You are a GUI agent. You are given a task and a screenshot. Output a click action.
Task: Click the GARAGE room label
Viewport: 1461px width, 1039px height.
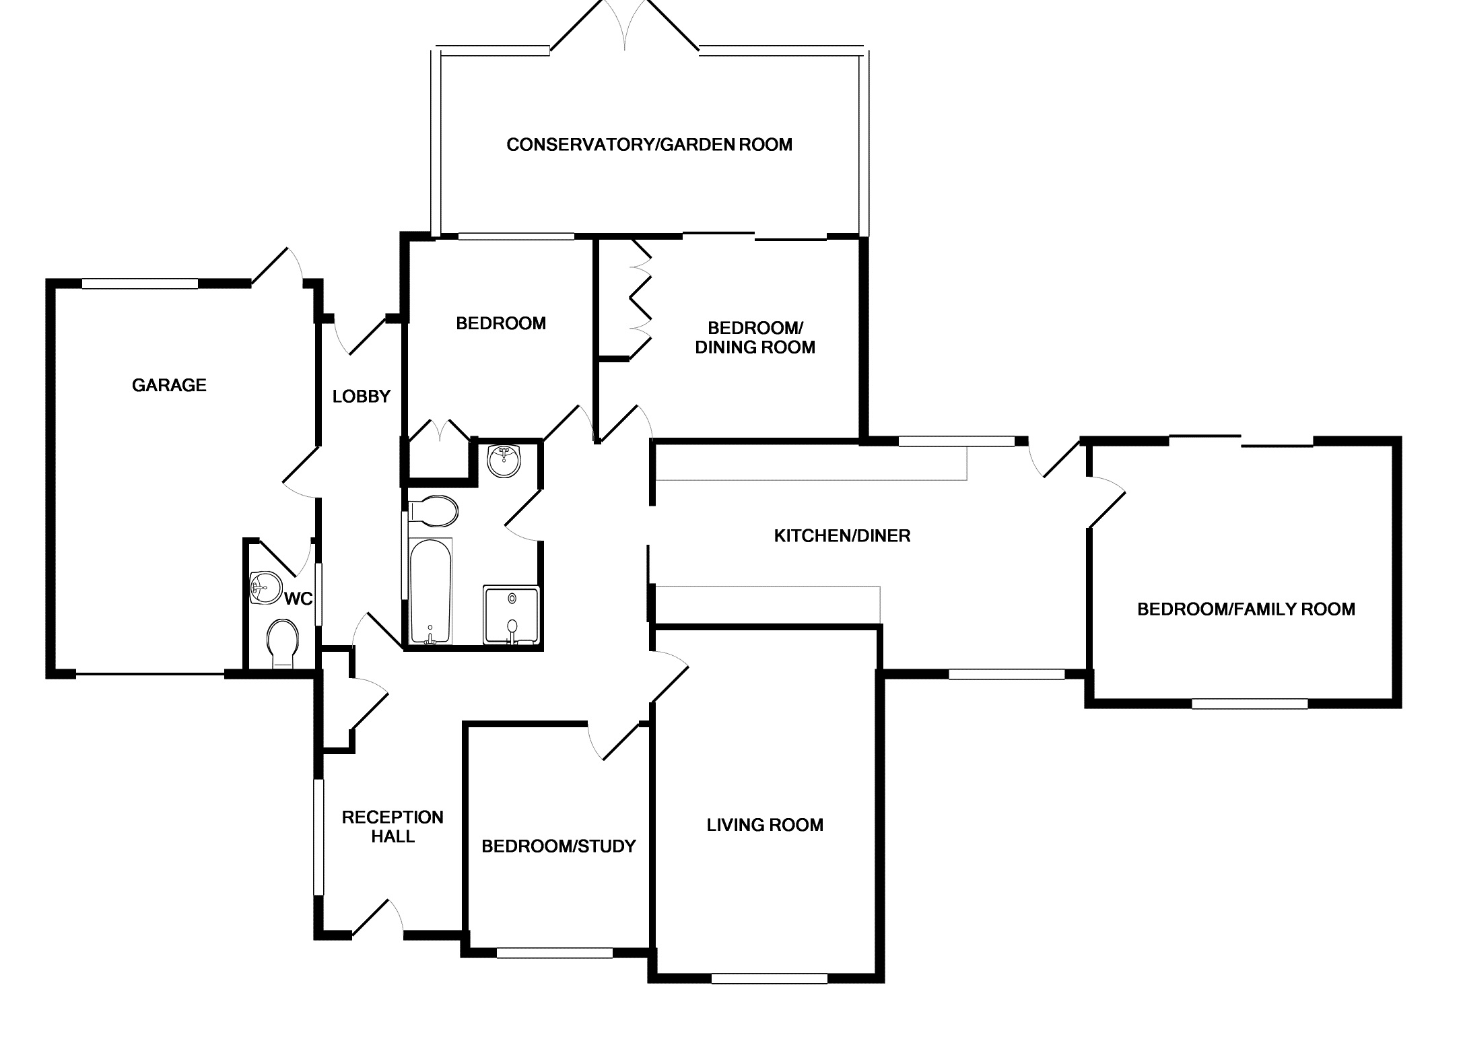point(169,385)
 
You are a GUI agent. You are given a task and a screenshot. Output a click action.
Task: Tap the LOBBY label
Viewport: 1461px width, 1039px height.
point(362,397)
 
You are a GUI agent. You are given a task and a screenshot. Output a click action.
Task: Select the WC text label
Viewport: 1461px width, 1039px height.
point(299,598)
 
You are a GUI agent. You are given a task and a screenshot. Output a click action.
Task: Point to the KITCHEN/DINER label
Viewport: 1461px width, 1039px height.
point(842,536)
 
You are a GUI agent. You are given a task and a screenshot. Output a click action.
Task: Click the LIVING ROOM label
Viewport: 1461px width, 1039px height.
point(765,825)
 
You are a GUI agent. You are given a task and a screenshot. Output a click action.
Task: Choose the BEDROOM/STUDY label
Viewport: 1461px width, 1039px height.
point(559,846)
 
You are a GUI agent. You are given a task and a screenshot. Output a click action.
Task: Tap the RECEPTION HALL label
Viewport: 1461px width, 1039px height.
point(393,827)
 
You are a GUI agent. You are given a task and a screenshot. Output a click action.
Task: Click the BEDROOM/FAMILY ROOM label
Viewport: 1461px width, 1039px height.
point(1246,609)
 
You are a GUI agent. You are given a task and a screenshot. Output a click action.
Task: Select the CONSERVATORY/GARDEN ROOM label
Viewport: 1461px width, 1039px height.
point(649,145)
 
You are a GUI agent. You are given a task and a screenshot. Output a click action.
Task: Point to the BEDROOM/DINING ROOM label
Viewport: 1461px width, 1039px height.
point(755,338)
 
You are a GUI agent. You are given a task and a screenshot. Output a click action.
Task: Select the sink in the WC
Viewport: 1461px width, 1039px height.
point(264,587)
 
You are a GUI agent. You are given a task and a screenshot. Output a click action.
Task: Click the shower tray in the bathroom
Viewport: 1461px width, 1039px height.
point(512,615)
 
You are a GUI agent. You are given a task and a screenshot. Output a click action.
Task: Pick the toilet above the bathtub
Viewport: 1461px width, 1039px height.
point(433,511)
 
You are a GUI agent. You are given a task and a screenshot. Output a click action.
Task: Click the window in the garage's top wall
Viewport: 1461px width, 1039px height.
point(140,284)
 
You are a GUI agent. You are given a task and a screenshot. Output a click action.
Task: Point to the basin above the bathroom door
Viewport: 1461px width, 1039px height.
point(504,460)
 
